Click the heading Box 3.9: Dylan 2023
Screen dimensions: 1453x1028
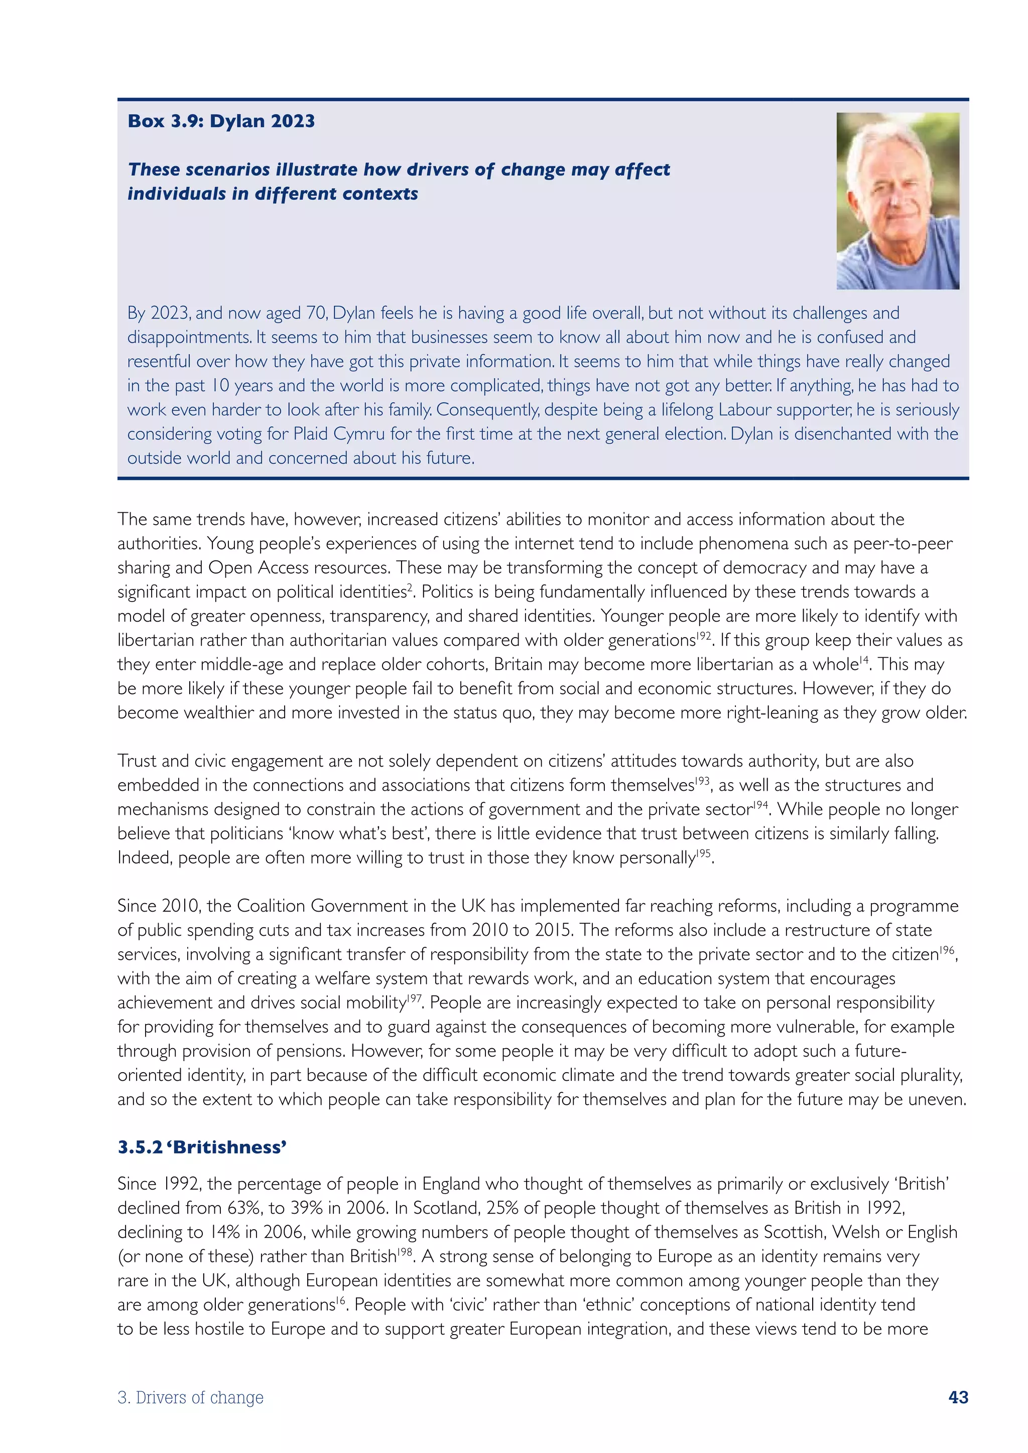tap(221, 121)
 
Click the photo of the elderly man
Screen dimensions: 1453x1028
tap(897, 201)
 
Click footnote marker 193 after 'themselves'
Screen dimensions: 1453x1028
tap(702, 781)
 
